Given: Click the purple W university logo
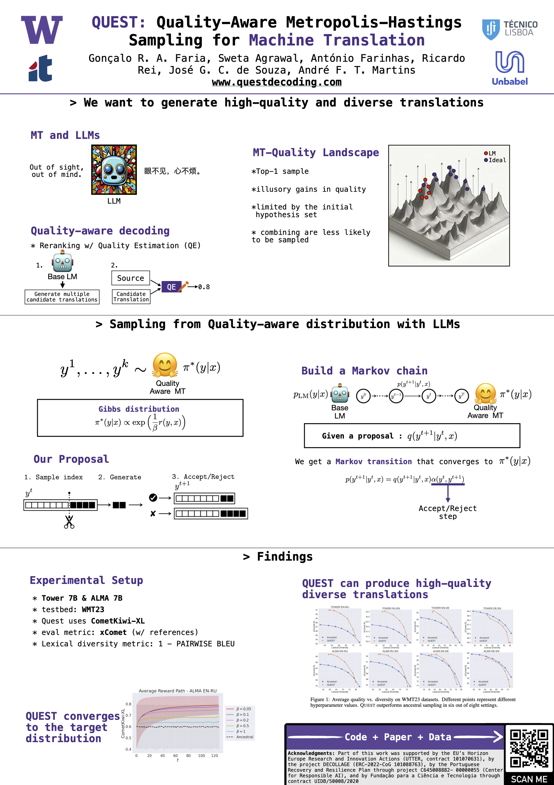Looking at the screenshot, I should tap(42, 30).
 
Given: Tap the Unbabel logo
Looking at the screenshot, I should tap(510, 68).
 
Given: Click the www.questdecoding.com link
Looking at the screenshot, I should tap(277, 82).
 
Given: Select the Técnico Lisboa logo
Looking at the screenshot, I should tap(510, 29).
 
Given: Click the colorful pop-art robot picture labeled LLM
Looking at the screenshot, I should tap(114, 170).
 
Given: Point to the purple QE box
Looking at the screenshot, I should tap(171, 287).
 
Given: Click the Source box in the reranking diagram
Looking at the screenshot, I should tap(130, 278).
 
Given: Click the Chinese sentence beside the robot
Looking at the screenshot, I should tap(172, 171).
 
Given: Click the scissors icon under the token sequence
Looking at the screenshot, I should tap(69, 522).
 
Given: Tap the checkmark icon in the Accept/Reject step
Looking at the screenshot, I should tap(153, 498).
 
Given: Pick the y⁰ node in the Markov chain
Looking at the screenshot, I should tap(363, 396).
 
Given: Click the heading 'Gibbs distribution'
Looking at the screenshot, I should tap(139, 409).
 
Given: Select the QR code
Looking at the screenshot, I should tap(529, 748).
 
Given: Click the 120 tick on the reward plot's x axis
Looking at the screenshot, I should tap(215, 756).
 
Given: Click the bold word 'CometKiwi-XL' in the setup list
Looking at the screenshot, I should tap(118, 621).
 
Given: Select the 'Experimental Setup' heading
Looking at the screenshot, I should tap(86, 580).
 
